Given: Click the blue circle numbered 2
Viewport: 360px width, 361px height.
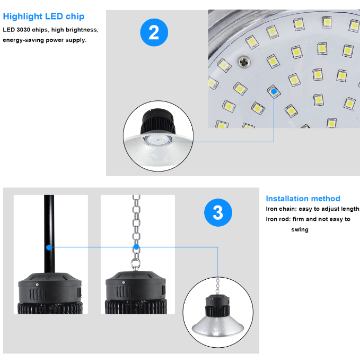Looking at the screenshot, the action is coord(154,32).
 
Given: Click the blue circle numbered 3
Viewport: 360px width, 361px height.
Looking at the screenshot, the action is coord(218,212).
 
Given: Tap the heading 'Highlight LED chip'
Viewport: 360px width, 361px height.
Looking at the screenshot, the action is coord(43,16).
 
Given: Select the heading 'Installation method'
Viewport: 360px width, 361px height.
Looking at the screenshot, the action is coord(303,199).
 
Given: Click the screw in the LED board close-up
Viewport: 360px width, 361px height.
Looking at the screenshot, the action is coord(244,62).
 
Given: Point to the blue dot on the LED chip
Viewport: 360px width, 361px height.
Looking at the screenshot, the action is coord(274,91).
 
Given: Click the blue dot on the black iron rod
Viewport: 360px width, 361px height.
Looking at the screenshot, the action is coord(49,247).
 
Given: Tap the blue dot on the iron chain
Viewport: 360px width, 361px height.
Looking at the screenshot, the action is coord(136,247).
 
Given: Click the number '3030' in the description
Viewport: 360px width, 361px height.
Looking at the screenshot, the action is coord(24,30).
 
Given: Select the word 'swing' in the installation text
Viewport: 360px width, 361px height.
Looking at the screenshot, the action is coord(300,229).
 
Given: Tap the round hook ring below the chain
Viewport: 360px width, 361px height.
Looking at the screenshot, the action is coord(135,264).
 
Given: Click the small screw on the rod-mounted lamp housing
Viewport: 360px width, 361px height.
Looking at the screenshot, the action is coord(37,285).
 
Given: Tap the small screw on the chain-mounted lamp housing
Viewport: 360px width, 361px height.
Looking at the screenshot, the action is coord(124,282).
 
